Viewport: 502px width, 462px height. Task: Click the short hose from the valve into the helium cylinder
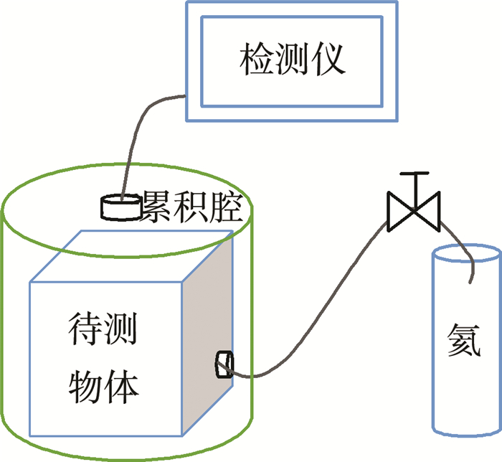pyautogui.click(x=460, y=244)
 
